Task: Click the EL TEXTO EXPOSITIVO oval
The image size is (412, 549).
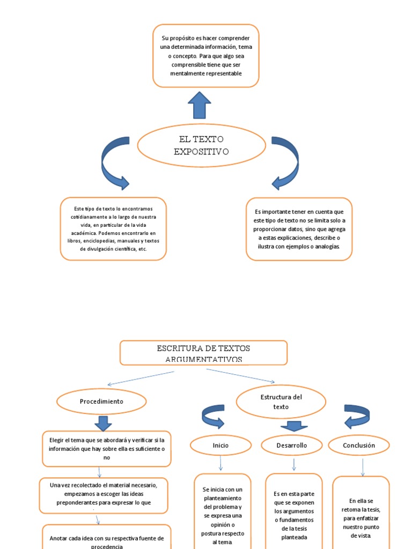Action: pyautogui.click(x=202, y=145)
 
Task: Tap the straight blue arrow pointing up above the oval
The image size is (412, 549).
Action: pyautogui.click(x=200, y=105)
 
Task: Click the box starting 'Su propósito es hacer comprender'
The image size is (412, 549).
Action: pyautogui.click(x=206, y=55)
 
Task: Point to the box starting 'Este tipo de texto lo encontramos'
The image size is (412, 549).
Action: pyautogui.click(x=113, y=228)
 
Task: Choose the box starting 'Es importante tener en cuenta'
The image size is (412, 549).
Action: pyautogui.click(x=299, y=229)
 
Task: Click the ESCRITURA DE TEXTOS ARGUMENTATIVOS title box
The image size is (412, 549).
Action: pyautogui.click(x=203, y=353)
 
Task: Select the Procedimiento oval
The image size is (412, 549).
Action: pyautogui.click(x=101, y=402)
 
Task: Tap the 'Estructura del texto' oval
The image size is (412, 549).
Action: pyautogui.click(x=281, y=402)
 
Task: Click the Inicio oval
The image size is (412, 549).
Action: pyautogui.click(x=220, y=445)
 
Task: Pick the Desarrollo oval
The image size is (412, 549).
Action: pyautogui.click(x=291, y=445)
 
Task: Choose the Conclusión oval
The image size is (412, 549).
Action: pyautogui.click(x=359, y=445)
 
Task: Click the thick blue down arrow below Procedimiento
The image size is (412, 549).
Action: pyautogui.click(x=103, y=422)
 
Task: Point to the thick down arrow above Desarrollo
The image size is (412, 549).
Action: pyautogui.click(x=293, y=426)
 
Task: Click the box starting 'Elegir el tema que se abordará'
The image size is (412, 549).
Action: pyautogui.click(x=107, y=449)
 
